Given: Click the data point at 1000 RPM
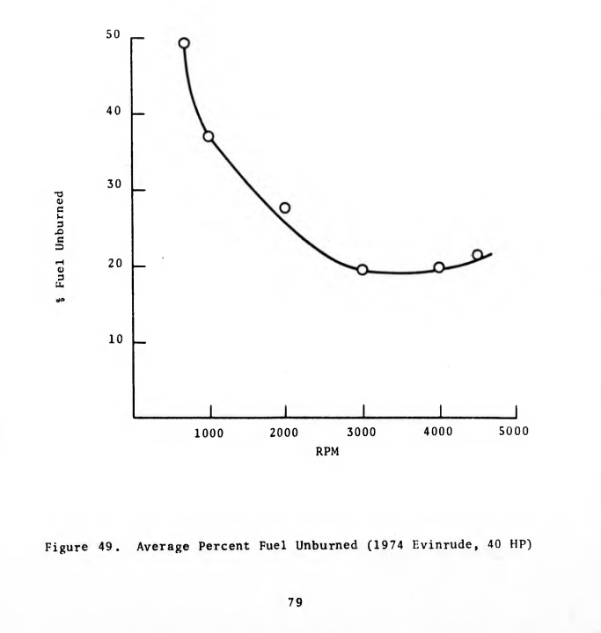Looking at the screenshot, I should [x=209, y=136].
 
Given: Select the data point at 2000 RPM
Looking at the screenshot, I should [x=284, y=208].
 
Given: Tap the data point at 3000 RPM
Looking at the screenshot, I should [x=362, y=270].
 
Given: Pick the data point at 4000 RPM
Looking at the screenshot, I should [x=438, y=267].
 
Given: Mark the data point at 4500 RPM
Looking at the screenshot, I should [x=477, y=255].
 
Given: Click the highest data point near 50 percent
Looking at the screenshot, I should [x=184, y=43].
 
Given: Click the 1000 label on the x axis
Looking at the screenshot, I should [x=209, y=433].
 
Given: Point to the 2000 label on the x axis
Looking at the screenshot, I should [x=285, y=433].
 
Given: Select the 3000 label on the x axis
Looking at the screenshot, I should [x=362, y=433].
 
